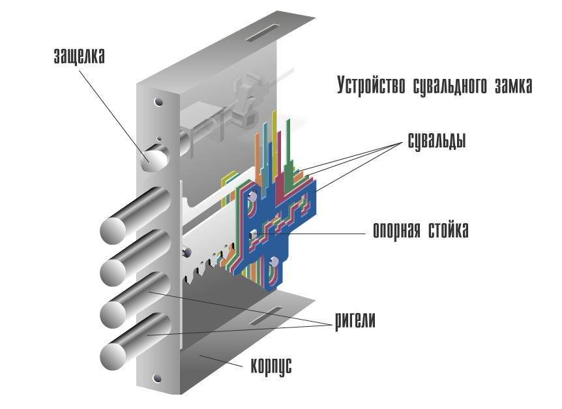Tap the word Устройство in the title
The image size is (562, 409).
[x=371, y=85]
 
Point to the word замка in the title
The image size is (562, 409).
[x=514, y=85]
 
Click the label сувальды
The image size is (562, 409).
[x=433, y=140]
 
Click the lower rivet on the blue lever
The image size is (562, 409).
[x=274, y=262]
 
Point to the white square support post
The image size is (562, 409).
[x=252, y=233]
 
